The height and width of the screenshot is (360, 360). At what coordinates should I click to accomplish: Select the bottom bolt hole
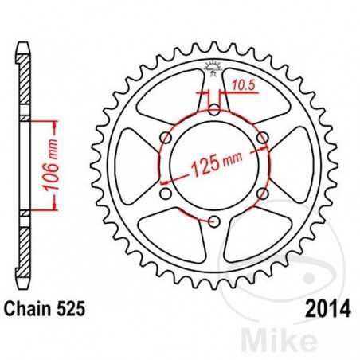tap(213, 221)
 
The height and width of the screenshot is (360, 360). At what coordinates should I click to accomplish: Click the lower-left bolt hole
tap(166, 194)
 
